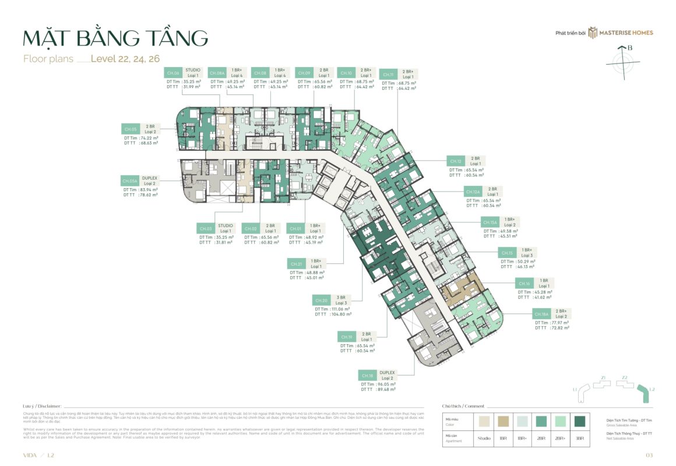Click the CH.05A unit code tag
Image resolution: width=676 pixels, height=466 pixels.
[129, 181]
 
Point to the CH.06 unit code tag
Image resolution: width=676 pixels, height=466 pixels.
[172, 73]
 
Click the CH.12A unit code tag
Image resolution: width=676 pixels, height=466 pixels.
[473, 192]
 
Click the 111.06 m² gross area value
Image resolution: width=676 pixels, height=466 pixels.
[341, 309]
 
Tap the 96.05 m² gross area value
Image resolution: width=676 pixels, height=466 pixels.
[386, 384]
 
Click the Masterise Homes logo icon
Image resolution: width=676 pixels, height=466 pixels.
[593, 33]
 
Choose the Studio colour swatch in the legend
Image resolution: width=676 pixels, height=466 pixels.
[483, 421]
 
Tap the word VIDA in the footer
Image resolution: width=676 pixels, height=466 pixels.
[30, 454]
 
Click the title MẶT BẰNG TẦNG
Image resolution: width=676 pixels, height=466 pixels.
[115, 38]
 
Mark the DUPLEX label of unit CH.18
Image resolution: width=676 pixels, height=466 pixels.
[387, 373]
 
